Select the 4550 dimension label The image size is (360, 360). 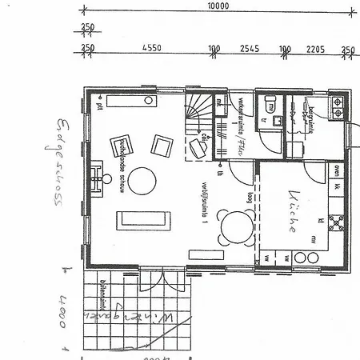152,48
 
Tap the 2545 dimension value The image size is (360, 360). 250,48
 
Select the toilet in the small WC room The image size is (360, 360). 271,105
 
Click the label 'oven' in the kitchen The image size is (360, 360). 338,170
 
